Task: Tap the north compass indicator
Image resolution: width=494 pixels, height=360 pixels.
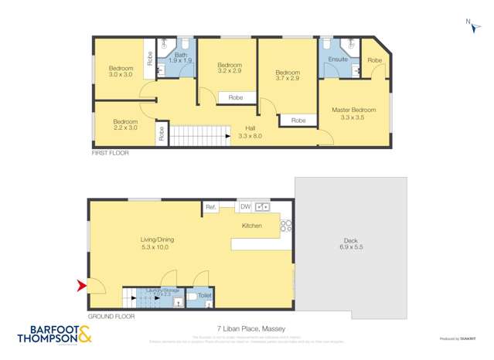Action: click(468, 24)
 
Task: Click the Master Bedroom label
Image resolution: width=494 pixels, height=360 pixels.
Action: click(353, 114)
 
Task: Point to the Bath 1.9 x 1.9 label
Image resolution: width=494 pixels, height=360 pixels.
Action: click(180, 58)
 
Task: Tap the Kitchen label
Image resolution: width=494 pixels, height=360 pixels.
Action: click(252, 226)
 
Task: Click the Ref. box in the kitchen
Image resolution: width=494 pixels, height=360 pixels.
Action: click(210, 207)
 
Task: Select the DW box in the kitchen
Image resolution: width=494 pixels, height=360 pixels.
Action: click(245, 207)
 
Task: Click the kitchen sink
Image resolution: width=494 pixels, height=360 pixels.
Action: click(262, 207)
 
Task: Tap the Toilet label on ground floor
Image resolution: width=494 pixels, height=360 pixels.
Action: click(205, 296)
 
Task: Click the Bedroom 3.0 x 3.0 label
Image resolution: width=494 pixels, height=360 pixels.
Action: click(120, 71)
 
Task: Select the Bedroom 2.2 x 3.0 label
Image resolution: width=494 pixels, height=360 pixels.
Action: click(124, 125)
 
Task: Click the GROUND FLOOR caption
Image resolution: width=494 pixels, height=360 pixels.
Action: click(111, 316)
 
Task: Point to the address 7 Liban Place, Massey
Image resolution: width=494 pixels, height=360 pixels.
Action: click(247, 328)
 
